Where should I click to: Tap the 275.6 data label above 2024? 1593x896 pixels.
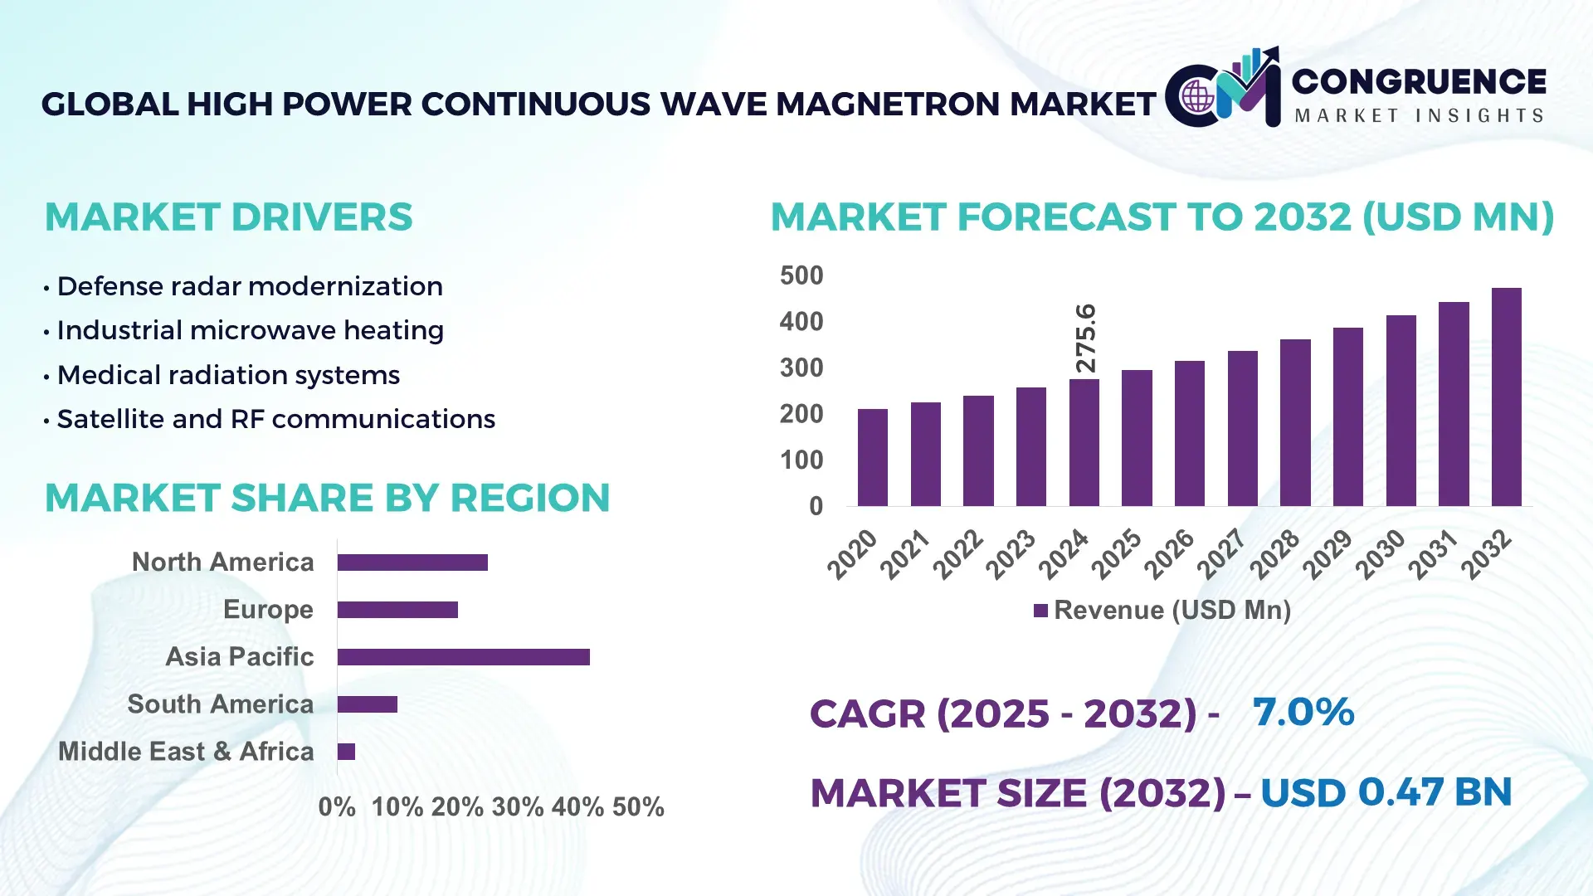pos(1085,338)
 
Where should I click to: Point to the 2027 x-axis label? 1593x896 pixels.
pos(1222,553)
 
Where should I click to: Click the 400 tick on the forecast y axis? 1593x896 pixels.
pos(801,322)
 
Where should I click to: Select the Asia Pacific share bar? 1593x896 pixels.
pos(463,657)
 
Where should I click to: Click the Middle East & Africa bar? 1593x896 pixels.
pos(346,752)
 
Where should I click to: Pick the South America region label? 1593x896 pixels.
pos(221,704)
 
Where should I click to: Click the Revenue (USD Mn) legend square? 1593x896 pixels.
pos(1040,611)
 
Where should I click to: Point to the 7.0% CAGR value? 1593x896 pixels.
pos(1303,712)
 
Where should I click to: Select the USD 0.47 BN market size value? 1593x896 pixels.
pos(1386,792)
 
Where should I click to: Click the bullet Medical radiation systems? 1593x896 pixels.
pos(228,375)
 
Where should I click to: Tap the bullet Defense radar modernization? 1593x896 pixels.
pos(249,286)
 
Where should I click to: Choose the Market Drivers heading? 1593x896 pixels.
pos(228,217)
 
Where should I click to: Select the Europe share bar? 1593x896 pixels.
pos(397,610)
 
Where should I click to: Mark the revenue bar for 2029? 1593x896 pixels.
pos(1347,416)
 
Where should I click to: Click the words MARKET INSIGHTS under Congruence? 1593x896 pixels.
pos(1419,115)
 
